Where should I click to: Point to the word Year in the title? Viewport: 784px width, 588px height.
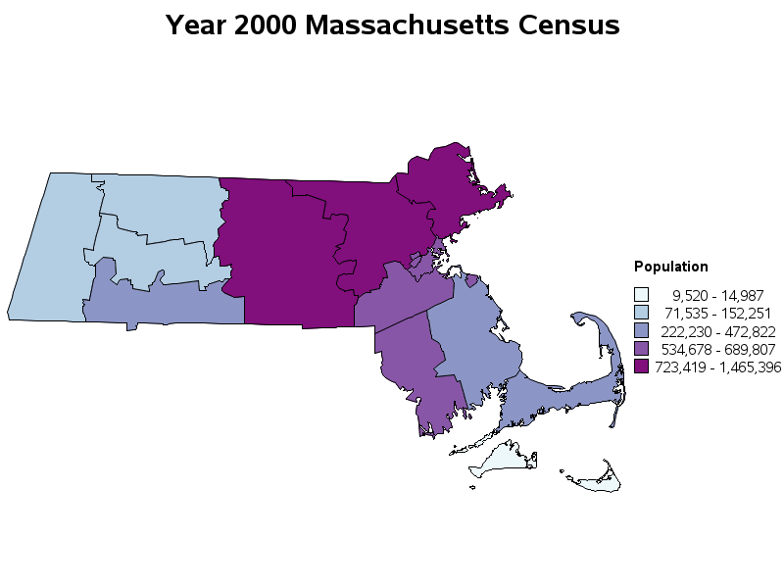point(195,25)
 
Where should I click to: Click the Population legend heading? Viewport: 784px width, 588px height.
point(671,267)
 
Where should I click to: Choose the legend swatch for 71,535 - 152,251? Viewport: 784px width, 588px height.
point(642,313)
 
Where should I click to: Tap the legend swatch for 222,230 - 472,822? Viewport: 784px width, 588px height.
point(642,331)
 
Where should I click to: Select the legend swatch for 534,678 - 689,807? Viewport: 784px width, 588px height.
point(642,349)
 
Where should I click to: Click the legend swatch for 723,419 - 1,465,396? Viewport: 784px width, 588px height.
point(642,367)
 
